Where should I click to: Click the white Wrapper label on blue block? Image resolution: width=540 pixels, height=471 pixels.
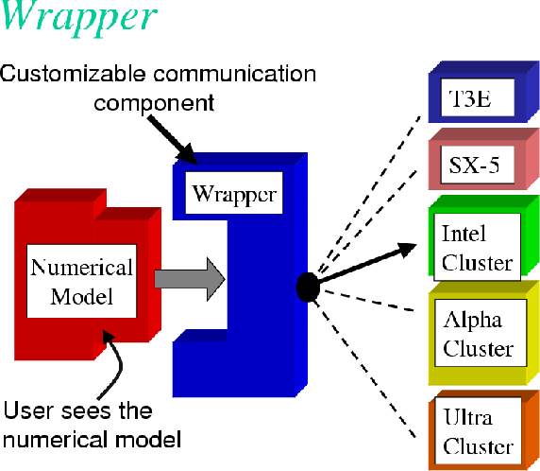pos(234,195)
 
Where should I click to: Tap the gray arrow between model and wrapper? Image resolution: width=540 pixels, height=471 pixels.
pos(190,278)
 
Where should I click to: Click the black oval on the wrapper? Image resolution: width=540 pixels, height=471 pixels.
pos(307,286)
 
